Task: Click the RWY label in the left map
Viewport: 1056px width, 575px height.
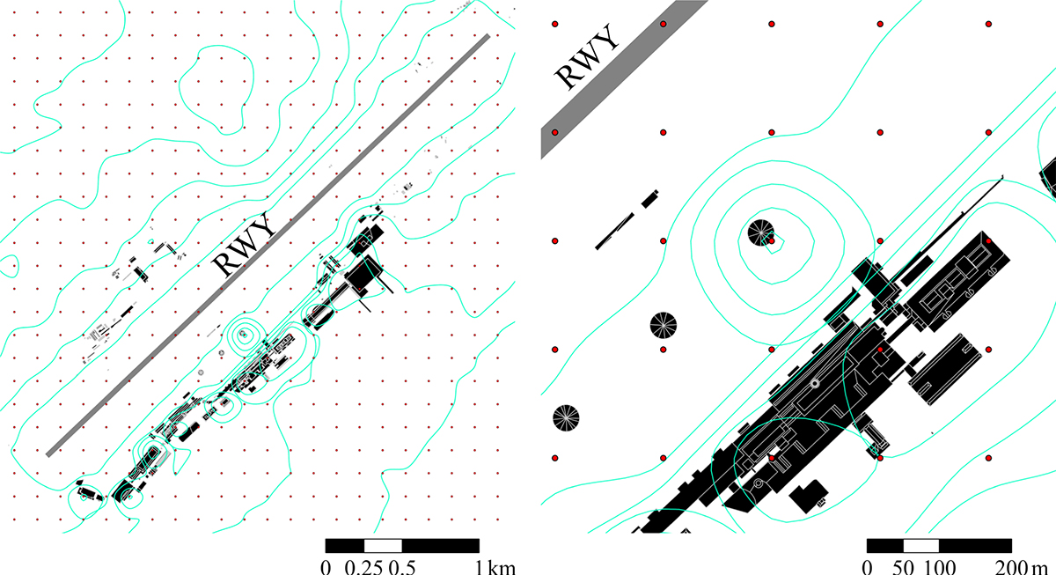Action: [x=244, y=244]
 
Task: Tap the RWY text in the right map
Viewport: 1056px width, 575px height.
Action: [x=587, y=56]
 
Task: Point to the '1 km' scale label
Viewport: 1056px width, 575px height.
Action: [x=495, y=566]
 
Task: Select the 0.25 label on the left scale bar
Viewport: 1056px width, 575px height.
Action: [x=363, y=566]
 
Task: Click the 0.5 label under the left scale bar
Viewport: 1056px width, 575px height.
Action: [x=401, y=566]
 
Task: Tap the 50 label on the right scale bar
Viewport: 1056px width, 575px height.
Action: [x=903, y=566]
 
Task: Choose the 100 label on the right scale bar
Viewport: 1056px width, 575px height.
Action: [x=939, y=566]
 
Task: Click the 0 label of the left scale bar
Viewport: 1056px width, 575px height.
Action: [x=326, y=566]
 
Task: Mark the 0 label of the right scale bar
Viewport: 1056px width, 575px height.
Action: [x=867, y=566]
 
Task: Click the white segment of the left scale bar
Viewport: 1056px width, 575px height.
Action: [x=383, y=546]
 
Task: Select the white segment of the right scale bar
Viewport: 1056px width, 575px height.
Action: [x=921, y=546]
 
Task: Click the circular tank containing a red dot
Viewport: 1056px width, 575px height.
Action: [x=761, y=233]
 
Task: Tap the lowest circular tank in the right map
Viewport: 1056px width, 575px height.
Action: [x=566, y=418]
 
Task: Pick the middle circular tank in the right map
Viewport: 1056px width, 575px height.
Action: [x=664, y=326]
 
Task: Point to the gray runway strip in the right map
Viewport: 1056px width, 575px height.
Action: [x=624, y=78]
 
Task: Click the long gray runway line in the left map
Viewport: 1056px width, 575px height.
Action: [x=268, y=246]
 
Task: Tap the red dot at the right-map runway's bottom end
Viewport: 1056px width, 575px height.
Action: [x=555, y=133]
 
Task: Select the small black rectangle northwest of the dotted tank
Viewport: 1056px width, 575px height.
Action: [x=649, y=199]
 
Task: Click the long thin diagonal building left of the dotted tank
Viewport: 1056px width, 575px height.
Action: [x=615, y=232]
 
